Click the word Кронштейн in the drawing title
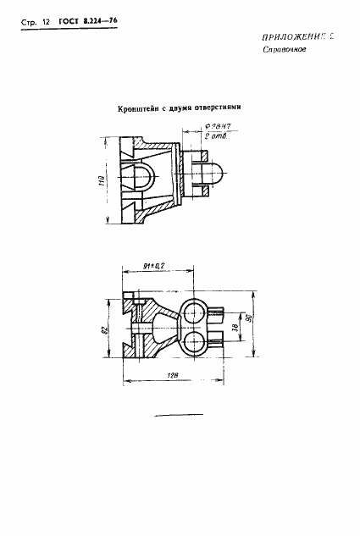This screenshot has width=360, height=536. click(139, 108)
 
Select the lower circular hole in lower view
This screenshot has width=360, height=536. click(193, 344)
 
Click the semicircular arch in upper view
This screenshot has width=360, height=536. click(142, 175)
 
